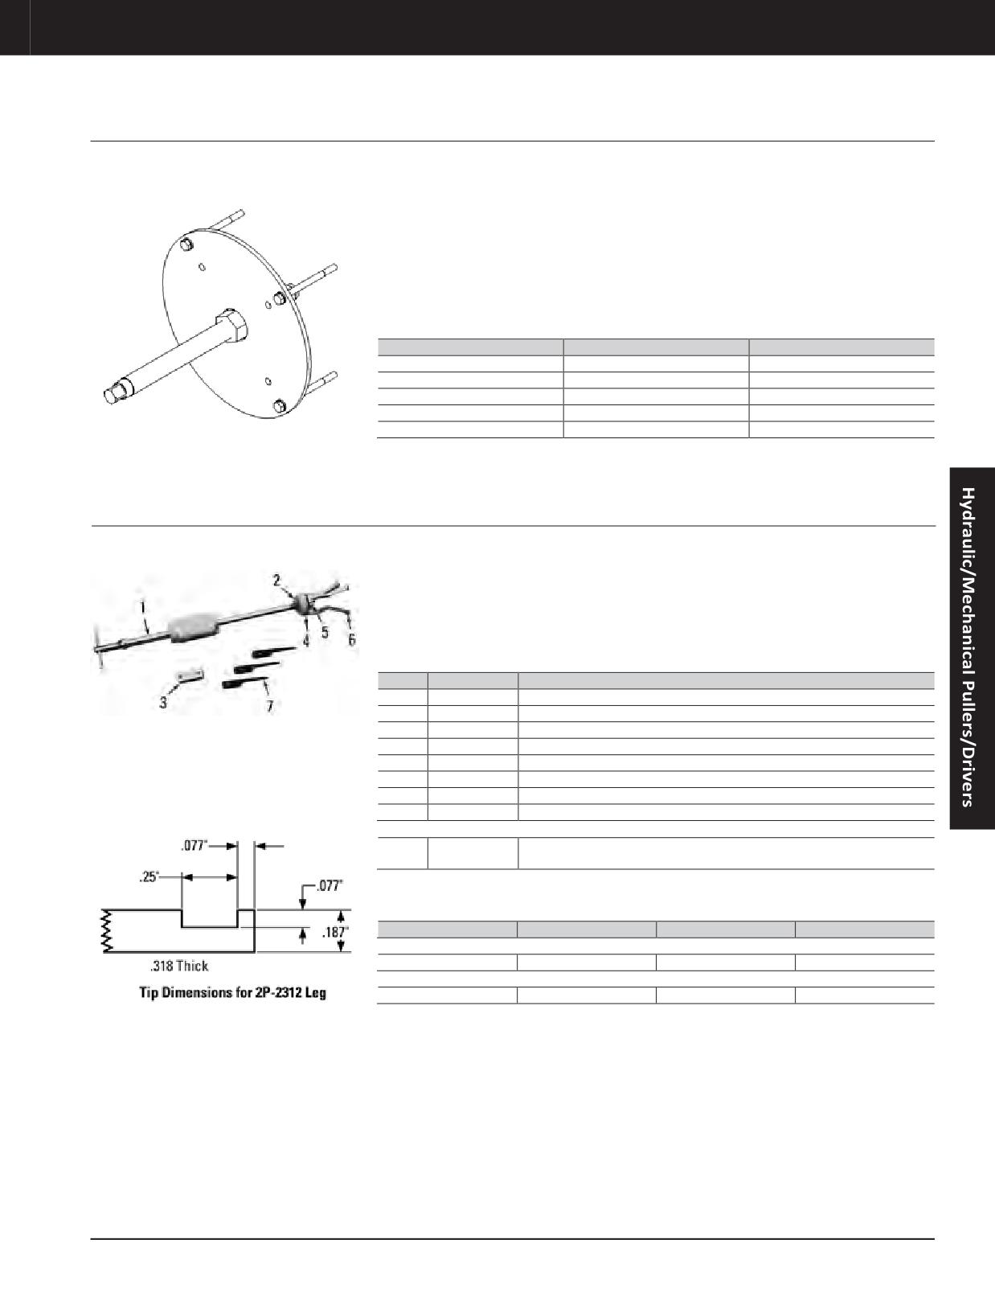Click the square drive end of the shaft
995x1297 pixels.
113,394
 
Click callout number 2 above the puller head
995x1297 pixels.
276,580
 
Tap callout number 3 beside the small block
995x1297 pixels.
163,702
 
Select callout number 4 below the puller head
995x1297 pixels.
305,641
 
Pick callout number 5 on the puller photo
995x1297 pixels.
325,631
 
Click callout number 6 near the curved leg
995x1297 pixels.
352,640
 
